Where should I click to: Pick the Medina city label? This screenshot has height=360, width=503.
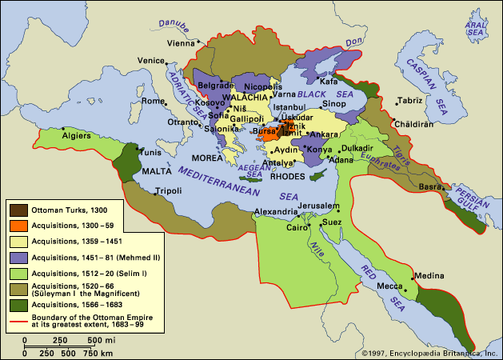(428, 276)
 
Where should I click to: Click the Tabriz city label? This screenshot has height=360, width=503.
(410, 101)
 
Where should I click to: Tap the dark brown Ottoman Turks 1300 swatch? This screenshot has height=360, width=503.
(17, 210)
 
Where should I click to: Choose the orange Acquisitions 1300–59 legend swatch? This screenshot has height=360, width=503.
(17, 225)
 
